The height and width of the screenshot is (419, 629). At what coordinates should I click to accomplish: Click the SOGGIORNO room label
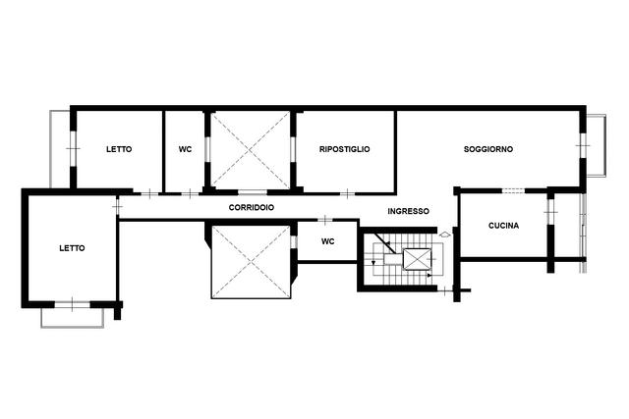(x=488, y=149)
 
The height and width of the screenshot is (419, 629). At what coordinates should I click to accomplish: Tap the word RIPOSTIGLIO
(x=345, y=149)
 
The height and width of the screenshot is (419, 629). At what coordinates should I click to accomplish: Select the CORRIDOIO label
(x=252, y=207)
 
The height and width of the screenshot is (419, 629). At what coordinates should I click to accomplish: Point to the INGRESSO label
(x=409, y=211)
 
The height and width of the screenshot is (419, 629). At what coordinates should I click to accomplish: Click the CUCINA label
(x=503, y=226)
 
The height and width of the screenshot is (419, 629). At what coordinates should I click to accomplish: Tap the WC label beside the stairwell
(x=327, y=241)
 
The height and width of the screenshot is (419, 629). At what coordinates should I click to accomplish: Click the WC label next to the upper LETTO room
(x=185, y=149)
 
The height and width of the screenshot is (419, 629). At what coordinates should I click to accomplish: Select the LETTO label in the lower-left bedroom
(x=72, y=248)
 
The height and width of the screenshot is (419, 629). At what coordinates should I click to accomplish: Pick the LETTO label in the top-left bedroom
(x=119, y=149)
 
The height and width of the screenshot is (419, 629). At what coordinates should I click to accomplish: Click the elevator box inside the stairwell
(x=417, y=258)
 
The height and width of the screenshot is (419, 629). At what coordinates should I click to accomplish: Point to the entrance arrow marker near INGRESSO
(x=445, y=235)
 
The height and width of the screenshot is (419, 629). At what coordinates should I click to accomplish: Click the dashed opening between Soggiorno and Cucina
(x=513, y=190)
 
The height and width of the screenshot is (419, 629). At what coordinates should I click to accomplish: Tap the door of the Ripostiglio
(x=347, y=194)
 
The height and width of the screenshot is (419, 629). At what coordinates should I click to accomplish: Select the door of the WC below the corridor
(x=325, y=220)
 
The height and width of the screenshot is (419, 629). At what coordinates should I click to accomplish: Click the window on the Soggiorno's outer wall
(x=583, y=145)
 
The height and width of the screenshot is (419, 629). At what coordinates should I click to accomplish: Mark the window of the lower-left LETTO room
(x=72, y=304)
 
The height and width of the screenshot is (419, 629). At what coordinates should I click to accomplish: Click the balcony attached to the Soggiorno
(x=597, y=145)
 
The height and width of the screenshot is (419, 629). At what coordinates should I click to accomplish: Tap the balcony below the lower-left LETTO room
(x=72, y=318)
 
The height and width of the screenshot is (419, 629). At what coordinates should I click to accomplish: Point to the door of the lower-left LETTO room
(x=117, y=207)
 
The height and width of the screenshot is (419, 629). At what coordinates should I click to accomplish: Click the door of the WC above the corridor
(x=190, y=194)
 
